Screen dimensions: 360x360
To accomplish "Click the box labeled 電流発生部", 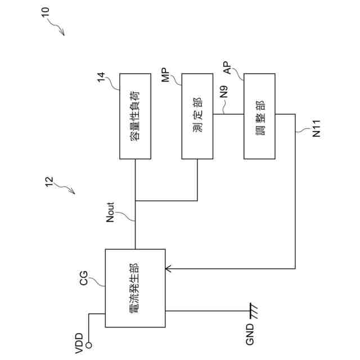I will coord(135,287).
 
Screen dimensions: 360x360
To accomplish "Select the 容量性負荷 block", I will coord(135,116).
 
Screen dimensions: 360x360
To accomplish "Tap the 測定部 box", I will coord(197,116).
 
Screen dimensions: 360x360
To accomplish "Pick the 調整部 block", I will coord(259,116).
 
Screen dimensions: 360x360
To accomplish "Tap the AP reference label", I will coord(227,69).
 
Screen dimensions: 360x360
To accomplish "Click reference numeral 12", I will coord(49,181).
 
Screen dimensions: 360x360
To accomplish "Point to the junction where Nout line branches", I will coord(135,200).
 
